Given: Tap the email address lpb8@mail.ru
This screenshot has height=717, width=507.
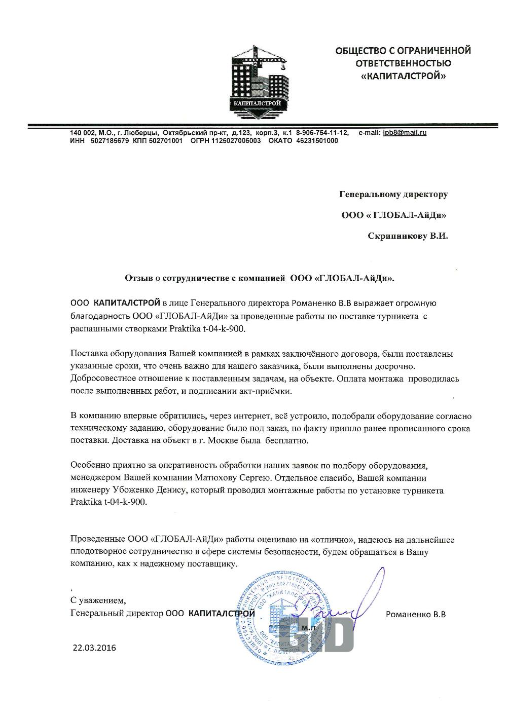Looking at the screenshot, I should point(405,133).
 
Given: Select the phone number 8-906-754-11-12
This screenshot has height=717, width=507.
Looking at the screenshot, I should point(322,133).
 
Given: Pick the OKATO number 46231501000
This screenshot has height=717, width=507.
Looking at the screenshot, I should point(317,141).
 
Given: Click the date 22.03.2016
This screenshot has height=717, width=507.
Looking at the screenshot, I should point(94,647).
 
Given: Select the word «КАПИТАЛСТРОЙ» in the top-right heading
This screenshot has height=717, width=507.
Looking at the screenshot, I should point(403,77).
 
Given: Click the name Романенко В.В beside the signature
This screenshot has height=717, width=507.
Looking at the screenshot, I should point(416,615).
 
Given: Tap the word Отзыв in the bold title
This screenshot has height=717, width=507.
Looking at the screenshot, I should point(137,278).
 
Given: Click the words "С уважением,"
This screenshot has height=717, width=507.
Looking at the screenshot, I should point(98,601).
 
